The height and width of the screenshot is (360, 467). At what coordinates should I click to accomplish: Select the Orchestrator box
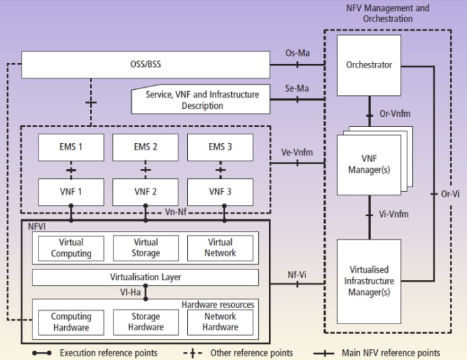tap(369, 66)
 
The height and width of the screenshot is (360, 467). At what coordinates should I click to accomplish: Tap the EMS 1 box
tap(71, 147)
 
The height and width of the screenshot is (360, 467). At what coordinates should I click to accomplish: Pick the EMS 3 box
tap(220, 147)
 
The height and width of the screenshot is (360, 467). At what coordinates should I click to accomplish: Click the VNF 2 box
tap(145, 191)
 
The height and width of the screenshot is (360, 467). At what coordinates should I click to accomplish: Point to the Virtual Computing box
tap(71, 248)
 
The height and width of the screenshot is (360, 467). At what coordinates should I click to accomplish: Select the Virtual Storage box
tap(145, 248)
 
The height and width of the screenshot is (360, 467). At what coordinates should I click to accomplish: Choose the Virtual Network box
tap(220, 248)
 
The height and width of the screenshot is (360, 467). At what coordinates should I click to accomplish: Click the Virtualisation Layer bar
tap(145, 277)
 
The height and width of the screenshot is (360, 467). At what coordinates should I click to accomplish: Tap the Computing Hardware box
tap(71, 322)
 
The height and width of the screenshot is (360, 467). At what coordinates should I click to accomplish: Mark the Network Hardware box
tap(220, 322)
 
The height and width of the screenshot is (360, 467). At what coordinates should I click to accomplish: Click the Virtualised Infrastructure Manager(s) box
tap(369, 281)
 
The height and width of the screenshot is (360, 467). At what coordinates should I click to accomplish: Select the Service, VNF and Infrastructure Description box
tap(202, 100)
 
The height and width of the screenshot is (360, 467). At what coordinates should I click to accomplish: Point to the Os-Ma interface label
tap(297, 54)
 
